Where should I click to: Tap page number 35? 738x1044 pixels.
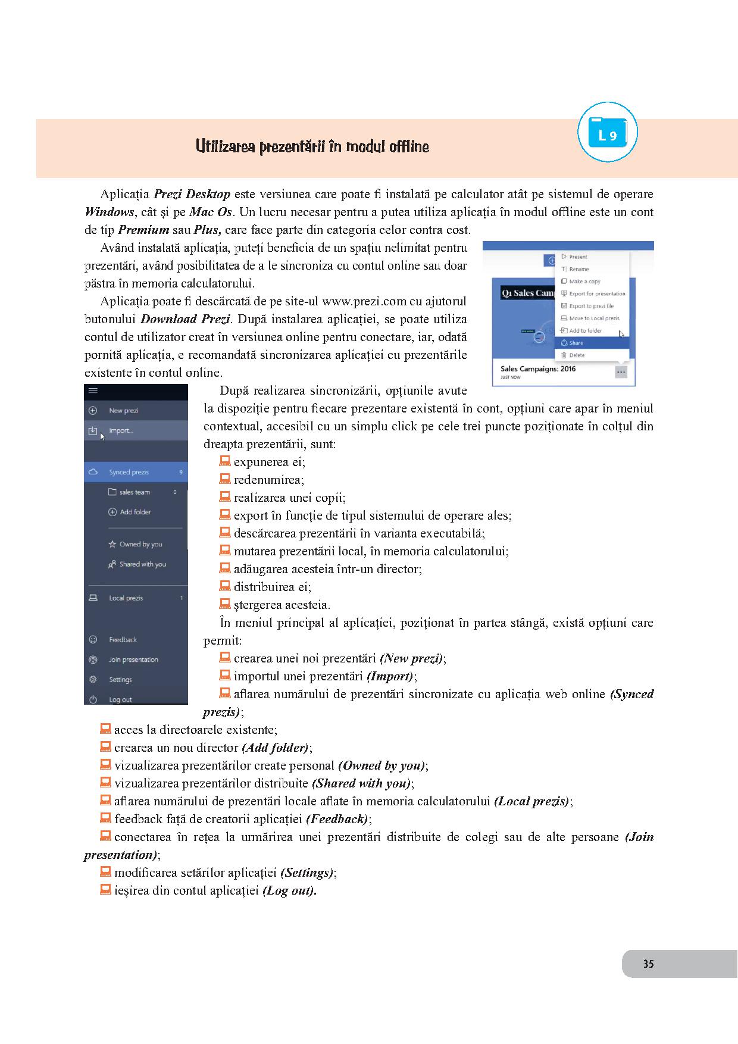pos(648,964)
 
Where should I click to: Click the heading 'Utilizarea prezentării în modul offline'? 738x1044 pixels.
pos(312,146)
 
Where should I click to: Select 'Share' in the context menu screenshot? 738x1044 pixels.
pos(576,343)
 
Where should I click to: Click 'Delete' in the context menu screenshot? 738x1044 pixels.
pos(577,355)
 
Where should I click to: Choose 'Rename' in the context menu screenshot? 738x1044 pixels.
pos(578,269)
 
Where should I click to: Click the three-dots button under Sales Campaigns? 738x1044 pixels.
pos(621,372)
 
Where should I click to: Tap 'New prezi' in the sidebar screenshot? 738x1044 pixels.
pos(123,411)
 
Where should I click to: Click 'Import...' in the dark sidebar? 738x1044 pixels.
pos(121,430)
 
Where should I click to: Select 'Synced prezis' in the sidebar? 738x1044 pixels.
pos(129,472)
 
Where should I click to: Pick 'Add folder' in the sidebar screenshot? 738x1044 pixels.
pos(135,512)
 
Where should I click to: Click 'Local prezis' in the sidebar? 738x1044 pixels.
pos(126,598)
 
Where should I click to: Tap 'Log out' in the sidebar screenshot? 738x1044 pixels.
pos(120,699)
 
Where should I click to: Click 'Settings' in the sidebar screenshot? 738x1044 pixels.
pos(120,680)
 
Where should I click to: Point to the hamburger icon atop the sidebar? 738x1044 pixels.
pos(93,390)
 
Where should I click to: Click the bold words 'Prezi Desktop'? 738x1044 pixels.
pos(192,194)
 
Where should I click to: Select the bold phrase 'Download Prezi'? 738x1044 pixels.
pos(185,319)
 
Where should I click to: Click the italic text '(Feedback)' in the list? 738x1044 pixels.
pos(337,819)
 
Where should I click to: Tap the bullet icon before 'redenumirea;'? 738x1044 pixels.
pos(225,479)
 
